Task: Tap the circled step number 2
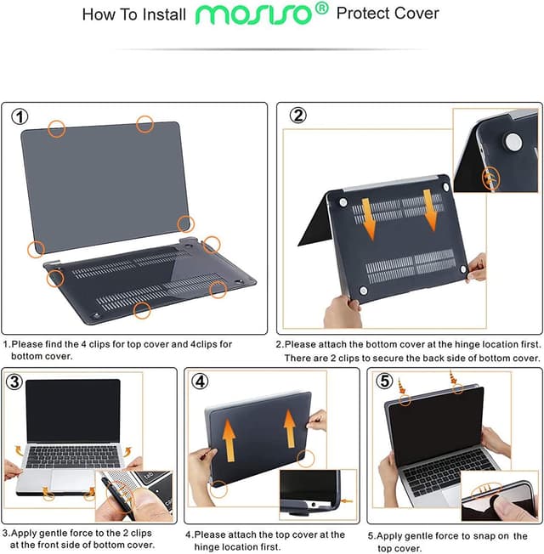click(297, 116)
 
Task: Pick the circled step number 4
click(200, 381)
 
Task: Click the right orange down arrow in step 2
click(431, 211)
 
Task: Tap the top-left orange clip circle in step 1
click(56, 128)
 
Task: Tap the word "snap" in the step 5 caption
click(485, 536)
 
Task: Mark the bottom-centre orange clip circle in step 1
click(143, 311)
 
